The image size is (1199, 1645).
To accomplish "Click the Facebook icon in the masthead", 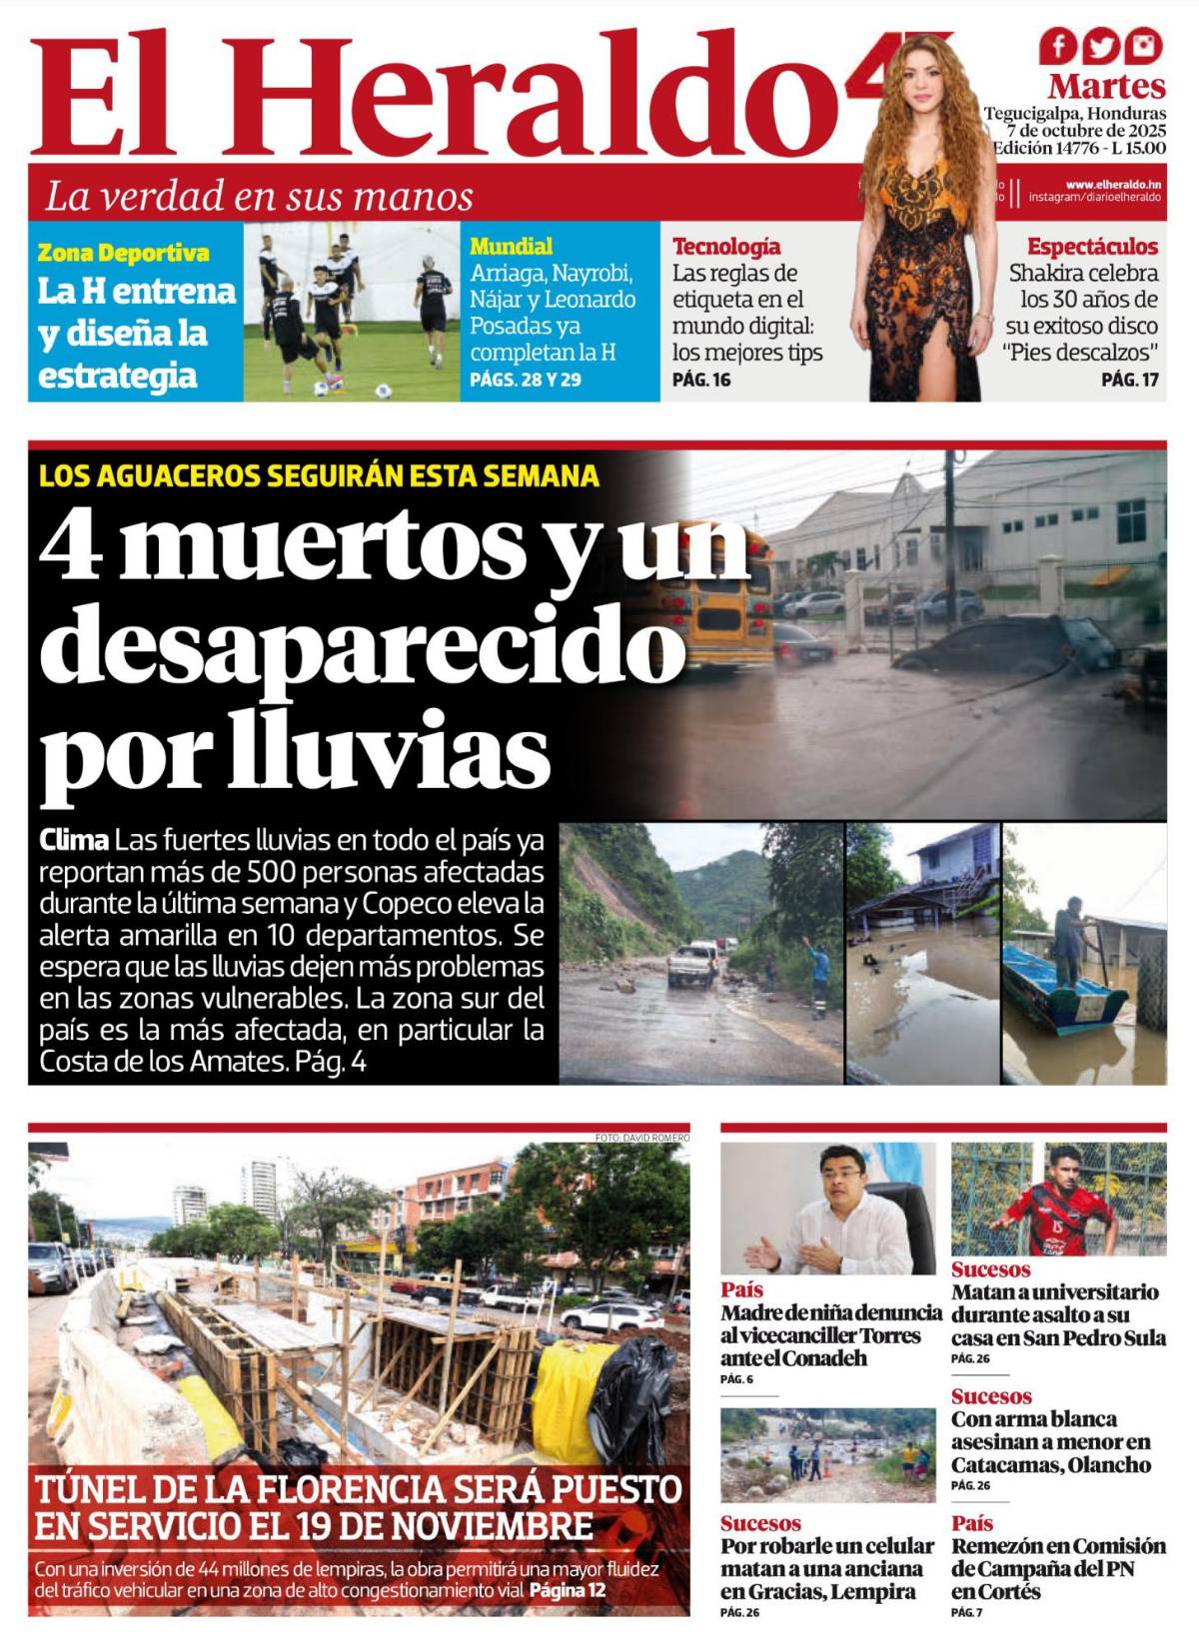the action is tap(1057, 46).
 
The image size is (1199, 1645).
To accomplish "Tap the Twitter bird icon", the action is tap(1101, 46).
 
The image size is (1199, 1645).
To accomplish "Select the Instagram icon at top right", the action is tap(1144, 46).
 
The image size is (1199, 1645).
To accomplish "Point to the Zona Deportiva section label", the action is tap(123, 253).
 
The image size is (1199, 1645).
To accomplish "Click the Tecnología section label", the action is tap(726, 247).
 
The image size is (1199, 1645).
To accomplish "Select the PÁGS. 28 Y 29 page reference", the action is tap(526, 380).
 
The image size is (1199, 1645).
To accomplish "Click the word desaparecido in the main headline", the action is tap(362, 647).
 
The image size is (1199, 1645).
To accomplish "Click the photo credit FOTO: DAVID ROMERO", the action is tap(641, 1138).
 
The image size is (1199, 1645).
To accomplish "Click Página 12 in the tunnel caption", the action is tap(567, 1590).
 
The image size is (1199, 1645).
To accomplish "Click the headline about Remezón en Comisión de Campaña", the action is tap(1058, 1568).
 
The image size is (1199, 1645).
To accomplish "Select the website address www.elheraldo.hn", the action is tap(1113, 185).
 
